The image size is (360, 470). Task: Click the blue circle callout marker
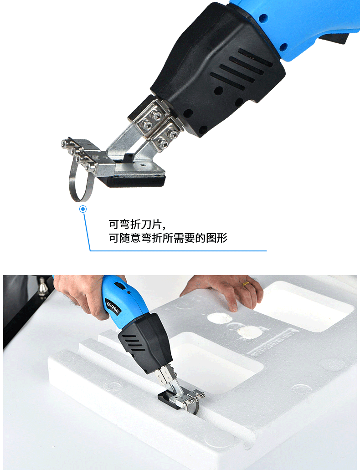(83, 209)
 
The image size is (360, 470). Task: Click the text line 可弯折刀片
(135, 225)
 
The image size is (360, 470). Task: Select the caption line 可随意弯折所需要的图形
(167, 238)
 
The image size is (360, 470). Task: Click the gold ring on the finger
(246, 284)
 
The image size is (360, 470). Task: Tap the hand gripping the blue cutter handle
(82, 296)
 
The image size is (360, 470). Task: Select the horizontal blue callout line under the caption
(178, 250)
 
